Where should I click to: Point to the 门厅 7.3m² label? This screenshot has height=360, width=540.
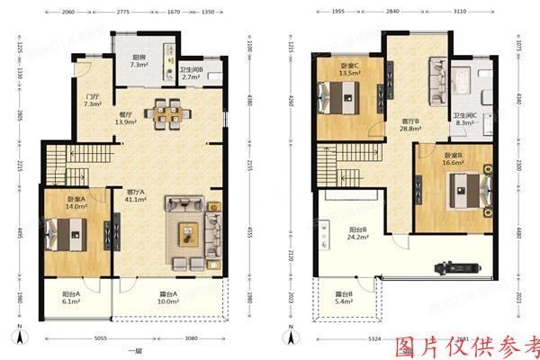click(92, 99)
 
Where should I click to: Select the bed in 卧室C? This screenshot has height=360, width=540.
click(347, 94)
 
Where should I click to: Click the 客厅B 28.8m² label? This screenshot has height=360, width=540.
click(411, 124)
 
